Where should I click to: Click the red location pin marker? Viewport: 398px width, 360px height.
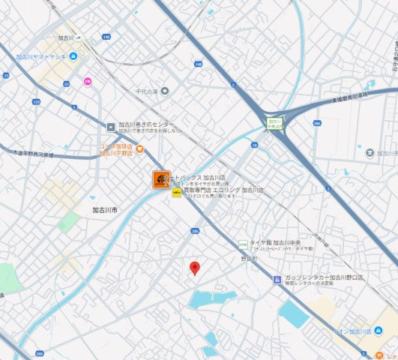pyautogui.click(x=195, y=268)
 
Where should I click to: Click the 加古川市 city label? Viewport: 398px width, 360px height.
pyautogui.click(x=105, y=211)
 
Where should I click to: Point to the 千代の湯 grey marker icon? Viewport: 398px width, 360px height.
pyautogui.click(x=166, y=91)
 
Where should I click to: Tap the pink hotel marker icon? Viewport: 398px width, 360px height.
pyautogui.click(x=88, y=81)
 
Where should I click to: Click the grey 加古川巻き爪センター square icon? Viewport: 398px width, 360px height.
pyautogui.click(x=111, y=126)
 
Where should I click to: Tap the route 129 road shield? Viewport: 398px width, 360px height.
pyautogui.click(x=36, y=101)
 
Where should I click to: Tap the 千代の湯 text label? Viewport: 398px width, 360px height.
pyautogui.click(x=145, y=91)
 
